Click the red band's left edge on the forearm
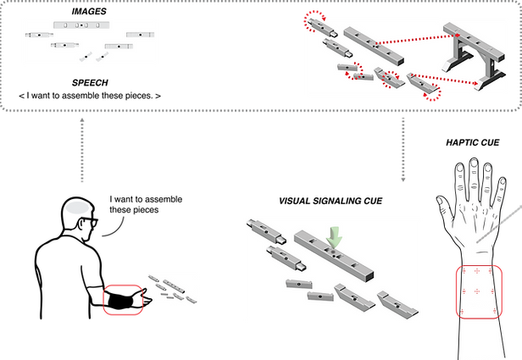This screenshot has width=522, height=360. [458, 291]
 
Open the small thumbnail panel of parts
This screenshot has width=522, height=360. [173, 288]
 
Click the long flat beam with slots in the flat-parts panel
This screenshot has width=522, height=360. [78, 25]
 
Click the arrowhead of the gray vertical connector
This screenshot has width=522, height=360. [403, 179]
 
